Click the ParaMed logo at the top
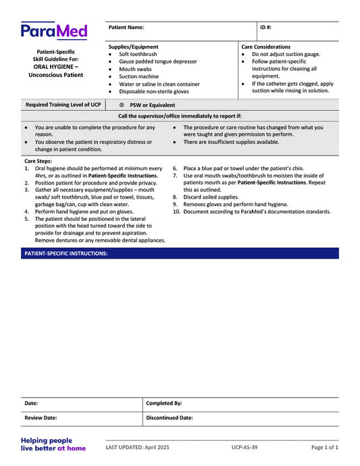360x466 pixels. coord(53,30)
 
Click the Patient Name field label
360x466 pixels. coord(126,28)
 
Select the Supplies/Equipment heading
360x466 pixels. coord(134,47)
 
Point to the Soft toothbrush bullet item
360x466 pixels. coord(138,54)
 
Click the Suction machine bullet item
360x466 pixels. coord(138,76)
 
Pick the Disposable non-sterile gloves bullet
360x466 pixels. coord(154,92)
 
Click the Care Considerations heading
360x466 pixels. coord(266,47)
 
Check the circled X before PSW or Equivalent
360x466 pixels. coord(122,105)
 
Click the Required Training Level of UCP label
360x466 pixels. coord(63,105)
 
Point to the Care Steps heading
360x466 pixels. coord(38,161)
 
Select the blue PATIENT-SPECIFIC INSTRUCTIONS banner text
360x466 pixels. coord(66,253)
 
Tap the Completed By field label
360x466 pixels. coord(164,403)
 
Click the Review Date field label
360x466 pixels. coord(41,418)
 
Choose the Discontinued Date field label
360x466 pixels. coord(170,418)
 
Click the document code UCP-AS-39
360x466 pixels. coord(244,448)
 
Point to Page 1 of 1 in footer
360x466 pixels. coord(324,448)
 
